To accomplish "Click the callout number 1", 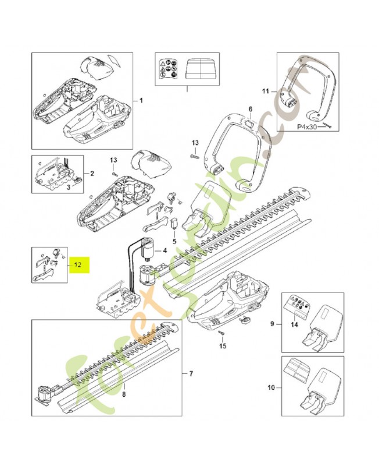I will tap(140, 101).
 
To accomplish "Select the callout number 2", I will tap(91, 174).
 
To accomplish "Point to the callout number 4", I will tap(165, 251).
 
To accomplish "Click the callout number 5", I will tap(173, 241).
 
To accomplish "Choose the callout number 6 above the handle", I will tap(250, 109).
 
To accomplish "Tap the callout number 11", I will tap(266, 91).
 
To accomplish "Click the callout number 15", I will tap(221, 347).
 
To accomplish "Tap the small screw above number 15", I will tap(222, 333).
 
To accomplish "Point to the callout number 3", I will tap(69, 188).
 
